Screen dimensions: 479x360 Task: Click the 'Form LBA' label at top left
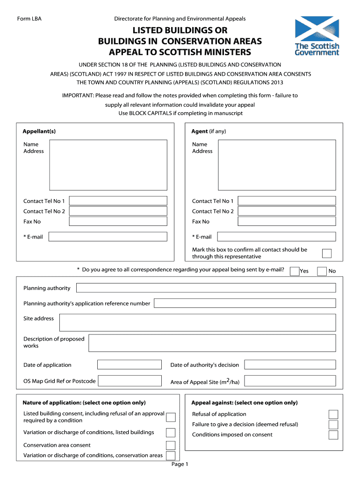click(29, 19)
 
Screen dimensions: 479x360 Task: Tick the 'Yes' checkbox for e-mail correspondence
click(295, 271)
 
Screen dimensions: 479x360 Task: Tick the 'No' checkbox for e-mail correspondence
click(322, 271)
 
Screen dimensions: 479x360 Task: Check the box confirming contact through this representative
click(327, 254)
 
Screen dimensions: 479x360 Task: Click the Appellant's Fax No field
click(118, 221)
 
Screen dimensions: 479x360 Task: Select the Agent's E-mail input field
click(276, 237)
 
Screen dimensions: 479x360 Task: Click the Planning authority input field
click(206, 288)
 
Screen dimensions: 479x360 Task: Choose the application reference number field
click(245, 303)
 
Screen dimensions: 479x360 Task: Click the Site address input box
click(197, 322)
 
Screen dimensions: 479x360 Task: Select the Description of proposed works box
click(212, 343)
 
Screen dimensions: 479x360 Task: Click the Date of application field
click(130, 365)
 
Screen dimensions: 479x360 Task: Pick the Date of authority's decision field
click(290, 365)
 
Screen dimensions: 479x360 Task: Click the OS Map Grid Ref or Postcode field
click(130, 381)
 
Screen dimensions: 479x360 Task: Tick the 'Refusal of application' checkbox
click(333, 414)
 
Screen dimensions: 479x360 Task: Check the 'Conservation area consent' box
click(171, 445)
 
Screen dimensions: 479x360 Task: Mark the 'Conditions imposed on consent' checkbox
click(333, 435)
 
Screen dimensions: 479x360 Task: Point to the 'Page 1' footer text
click(180, 464)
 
